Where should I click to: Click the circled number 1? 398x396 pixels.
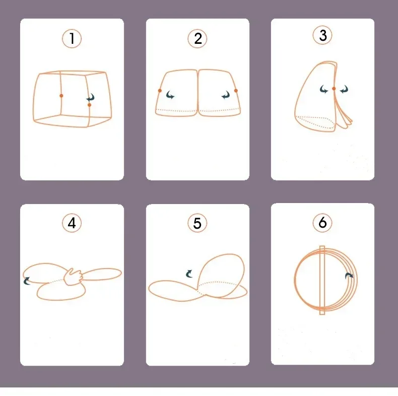(x=72, y=39)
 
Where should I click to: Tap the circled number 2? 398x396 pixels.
(x=197, y=39)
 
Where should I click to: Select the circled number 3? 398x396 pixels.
(x=322, y=35)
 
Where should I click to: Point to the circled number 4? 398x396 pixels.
(x=72, y=223)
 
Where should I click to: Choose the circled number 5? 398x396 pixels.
(x=197, y=223)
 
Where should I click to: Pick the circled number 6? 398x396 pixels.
(x=322, y=223)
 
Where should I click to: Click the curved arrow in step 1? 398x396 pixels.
(x=91, y=97)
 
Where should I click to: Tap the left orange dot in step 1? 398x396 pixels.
(x=61, y=96)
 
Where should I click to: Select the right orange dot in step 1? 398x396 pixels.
(x=89, y=105)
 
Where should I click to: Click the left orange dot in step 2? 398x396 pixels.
(x=160, y=91)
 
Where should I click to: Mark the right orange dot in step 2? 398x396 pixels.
(x=236, y=91)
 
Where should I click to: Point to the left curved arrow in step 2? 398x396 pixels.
(x=170, y=95)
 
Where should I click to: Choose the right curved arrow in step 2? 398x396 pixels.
(x=226, y=95)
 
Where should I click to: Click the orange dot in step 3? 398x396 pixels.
(x=334, y=89)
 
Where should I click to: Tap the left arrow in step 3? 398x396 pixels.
(x=323, y=89)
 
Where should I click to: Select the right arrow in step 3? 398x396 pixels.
(x=344, y=89)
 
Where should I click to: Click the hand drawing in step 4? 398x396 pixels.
(x=73, y=277)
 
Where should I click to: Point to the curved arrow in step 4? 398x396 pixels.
(x=26, y=281)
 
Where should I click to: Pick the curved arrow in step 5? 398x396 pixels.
(x=189, y=274)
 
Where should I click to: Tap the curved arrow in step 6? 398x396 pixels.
(x=349, y=276)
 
